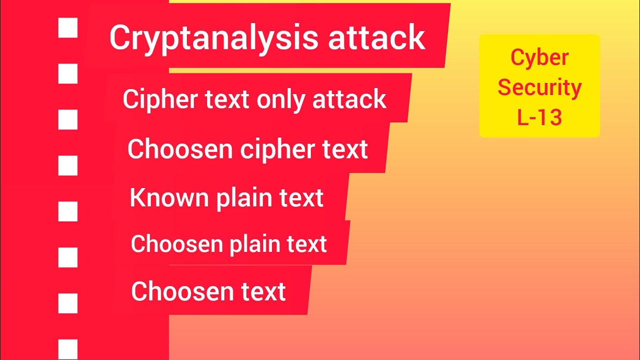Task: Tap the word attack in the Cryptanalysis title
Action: tap(376, 38)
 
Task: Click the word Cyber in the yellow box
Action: tap(539, 57)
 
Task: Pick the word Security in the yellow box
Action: tap(539, 87)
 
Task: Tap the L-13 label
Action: tap(539, 117)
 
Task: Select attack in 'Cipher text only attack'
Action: tap(349, 99)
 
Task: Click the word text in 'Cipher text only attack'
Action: tap(228, 99)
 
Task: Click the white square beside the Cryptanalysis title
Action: tap(68, 28)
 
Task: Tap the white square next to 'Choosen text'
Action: tap(68, 303)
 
